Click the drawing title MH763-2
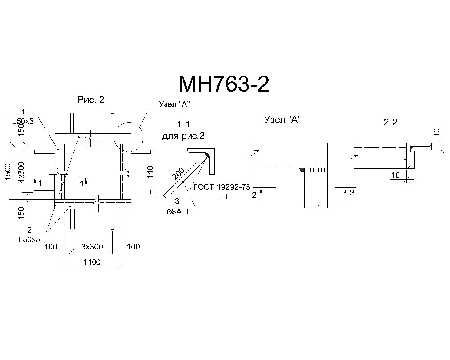tap(224, 84)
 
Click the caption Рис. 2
tap(91, 100)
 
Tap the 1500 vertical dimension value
tap(8, 172)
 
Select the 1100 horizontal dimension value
tap(92, 262)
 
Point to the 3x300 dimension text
tap(92, 247)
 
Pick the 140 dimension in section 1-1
tap(150, 172)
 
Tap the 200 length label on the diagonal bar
tap(178, 174)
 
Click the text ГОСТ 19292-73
tap(222, 187)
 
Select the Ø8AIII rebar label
tap(177, 212)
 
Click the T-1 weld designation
tap(222, 197)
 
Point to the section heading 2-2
tap(390, 122)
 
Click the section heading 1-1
tap(183, 124)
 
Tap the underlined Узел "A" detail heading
tap(282, 120)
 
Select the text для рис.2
tap(183, 136)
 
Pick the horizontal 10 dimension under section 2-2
tap(395, 175)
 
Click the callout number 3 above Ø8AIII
tap(177, 201)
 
